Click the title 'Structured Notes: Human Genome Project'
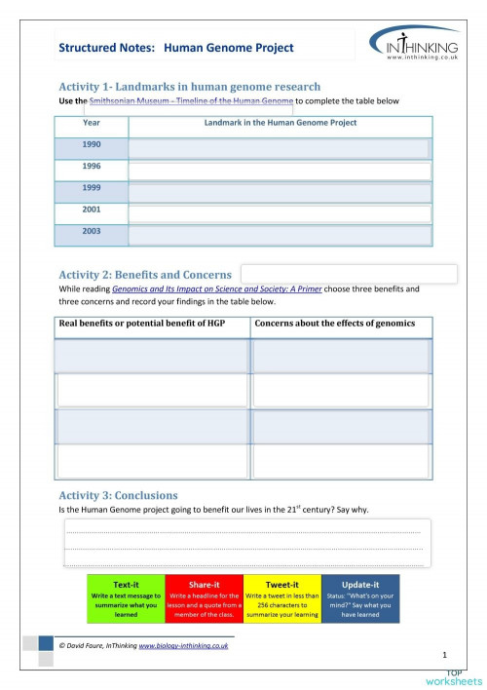coord(175,47)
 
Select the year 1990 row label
coord(92,144)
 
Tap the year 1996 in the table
coord(92,167)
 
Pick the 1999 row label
coord(92,188)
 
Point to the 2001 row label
coord(92,210)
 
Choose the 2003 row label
coord(92,232)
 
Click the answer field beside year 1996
coord(280,171)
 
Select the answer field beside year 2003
coord(280,235)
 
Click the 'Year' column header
coord(92,123)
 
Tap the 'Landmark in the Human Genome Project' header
coord(281,123)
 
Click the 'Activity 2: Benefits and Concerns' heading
coord(145,275)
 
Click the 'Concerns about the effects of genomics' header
coord(335,324)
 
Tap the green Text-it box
coord(126,599)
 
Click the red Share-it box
coord(204,599)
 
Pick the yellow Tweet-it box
coord(281,599)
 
